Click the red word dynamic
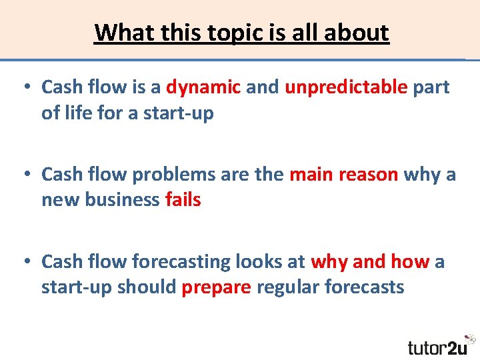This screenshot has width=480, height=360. click(203, 87)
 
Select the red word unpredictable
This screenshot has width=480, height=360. click(346, 87)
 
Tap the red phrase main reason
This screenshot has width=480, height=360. click(344, 175)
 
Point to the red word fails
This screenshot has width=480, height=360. click(183, 200)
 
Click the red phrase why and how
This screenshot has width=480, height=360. click(370, 262)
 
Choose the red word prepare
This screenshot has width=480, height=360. click(217, 287)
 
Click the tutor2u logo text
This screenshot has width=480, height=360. click(437, 347)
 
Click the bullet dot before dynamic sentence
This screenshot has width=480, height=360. click(26, 87)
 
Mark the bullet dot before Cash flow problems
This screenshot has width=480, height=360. click(26, 175)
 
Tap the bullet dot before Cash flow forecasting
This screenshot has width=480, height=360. click(26, 262)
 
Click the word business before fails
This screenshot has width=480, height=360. click(123, 200)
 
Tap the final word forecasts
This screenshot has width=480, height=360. click(365, 287)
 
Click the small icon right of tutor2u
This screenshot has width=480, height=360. click(471, 339)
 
